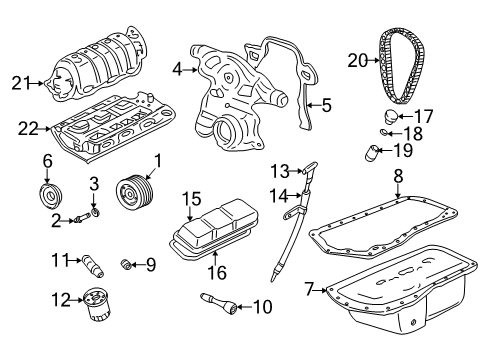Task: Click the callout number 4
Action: (177, 69)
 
